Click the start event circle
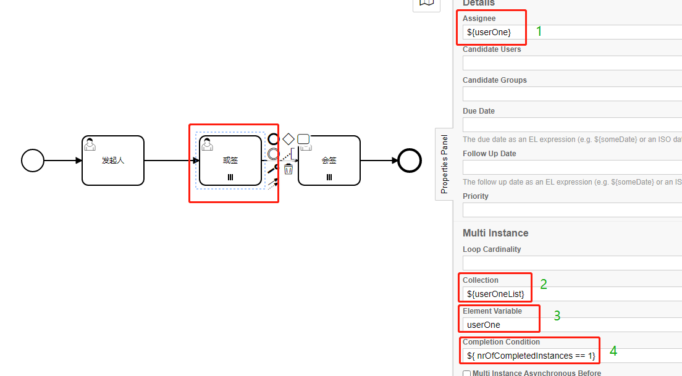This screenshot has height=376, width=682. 33,161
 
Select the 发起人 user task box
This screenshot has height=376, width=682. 113,161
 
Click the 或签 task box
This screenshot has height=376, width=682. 230,161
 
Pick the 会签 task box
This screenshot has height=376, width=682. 329,161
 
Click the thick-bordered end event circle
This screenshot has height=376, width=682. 410,161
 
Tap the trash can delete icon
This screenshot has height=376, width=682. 288,169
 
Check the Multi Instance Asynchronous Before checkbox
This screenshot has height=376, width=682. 466,373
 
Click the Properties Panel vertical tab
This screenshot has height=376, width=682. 444,165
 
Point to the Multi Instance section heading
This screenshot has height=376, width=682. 495,233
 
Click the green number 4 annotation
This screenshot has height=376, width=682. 613,351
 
